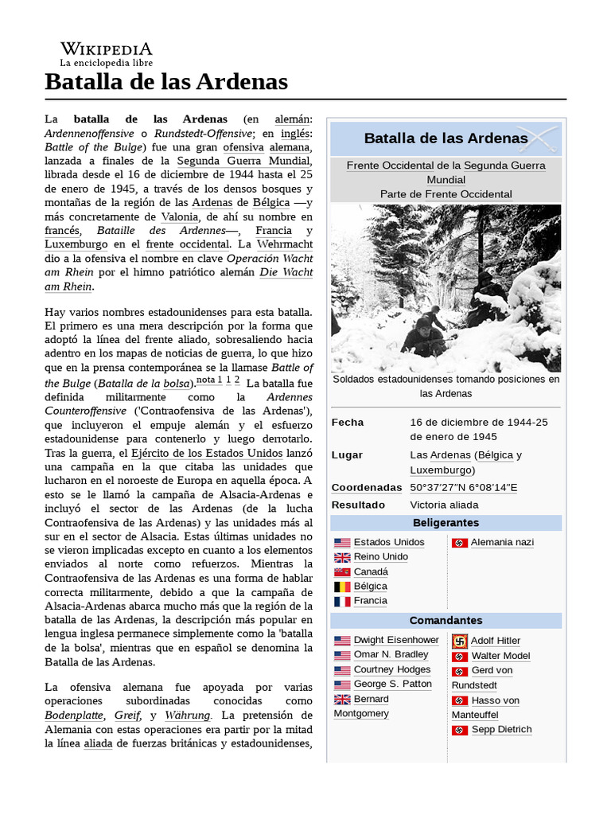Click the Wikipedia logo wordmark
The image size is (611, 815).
tap(106, 49)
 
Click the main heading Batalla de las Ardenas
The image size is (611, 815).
tap(166, 81)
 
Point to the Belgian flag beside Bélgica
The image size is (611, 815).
tap(342, 587)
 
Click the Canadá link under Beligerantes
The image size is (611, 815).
tap(371, 571)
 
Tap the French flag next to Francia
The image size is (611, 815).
tap(342, 602)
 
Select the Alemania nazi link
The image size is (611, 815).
tap(502, 542)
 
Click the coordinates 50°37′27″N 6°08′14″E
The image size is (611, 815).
tap(464, 487)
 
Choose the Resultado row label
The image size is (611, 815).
tap(358, 505)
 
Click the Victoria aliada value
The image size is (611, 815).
tap(444, 505)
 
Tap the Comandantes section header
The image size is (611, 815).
tap(446, 620)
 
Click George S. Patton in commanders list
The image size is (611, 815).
tap(392, 684)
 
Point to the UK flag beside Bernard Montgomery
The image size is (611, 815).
tap(342, 700)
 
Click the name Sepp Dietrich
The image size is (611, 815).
tap(501, 729)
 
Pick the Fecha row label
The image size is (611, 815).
tap(348, 422)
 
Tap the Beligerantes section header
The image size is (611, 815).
tap(446, 522)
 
